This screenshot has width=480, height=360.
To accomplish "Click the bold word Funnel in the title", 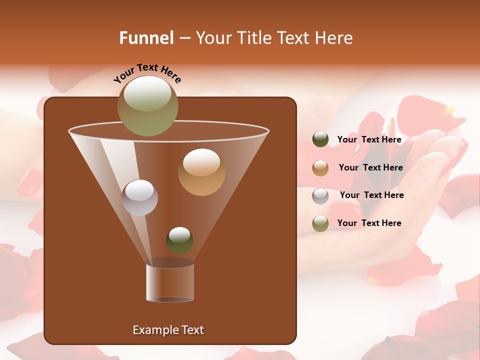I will point(146,38).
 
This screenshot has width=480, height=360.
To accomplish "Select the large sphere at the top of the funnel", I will point(147,105).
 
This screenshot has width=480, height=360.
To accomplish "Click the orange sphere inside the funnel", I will point(201,172).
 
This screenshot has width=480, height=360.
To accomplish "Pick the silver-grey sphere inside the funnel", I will point(139,197).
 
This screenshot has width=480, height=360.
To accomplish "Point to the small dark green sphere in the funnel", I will point(179,240).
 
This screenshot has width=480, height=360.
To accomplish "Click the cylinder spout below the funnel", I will point(170,283).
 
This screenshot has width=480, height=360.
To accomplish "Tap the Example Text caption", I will point(168,330).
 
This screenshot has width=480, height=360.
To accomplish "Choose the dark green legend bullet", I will point(320,139).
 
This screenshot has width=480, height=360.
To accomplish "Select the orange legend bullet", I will point(320,168).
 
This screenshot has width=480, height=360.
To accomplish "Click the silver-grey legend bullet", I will point(320,195).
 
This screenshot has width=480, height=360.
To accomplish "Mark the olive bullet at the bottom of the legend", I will point(320,223).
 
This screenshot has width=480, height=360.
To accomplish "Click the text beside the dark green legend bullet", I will point(369,139).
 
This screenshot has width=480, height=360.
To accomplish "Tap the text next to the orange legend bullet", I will point(370,167).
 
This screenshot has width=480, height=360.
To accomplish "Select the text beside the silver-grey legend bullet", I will point(371,195).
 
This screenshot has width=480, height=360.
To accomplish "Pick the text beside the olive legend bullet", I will point(369,223).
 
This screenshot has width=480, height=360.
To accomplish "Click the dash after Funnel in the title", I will point(184,38).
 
